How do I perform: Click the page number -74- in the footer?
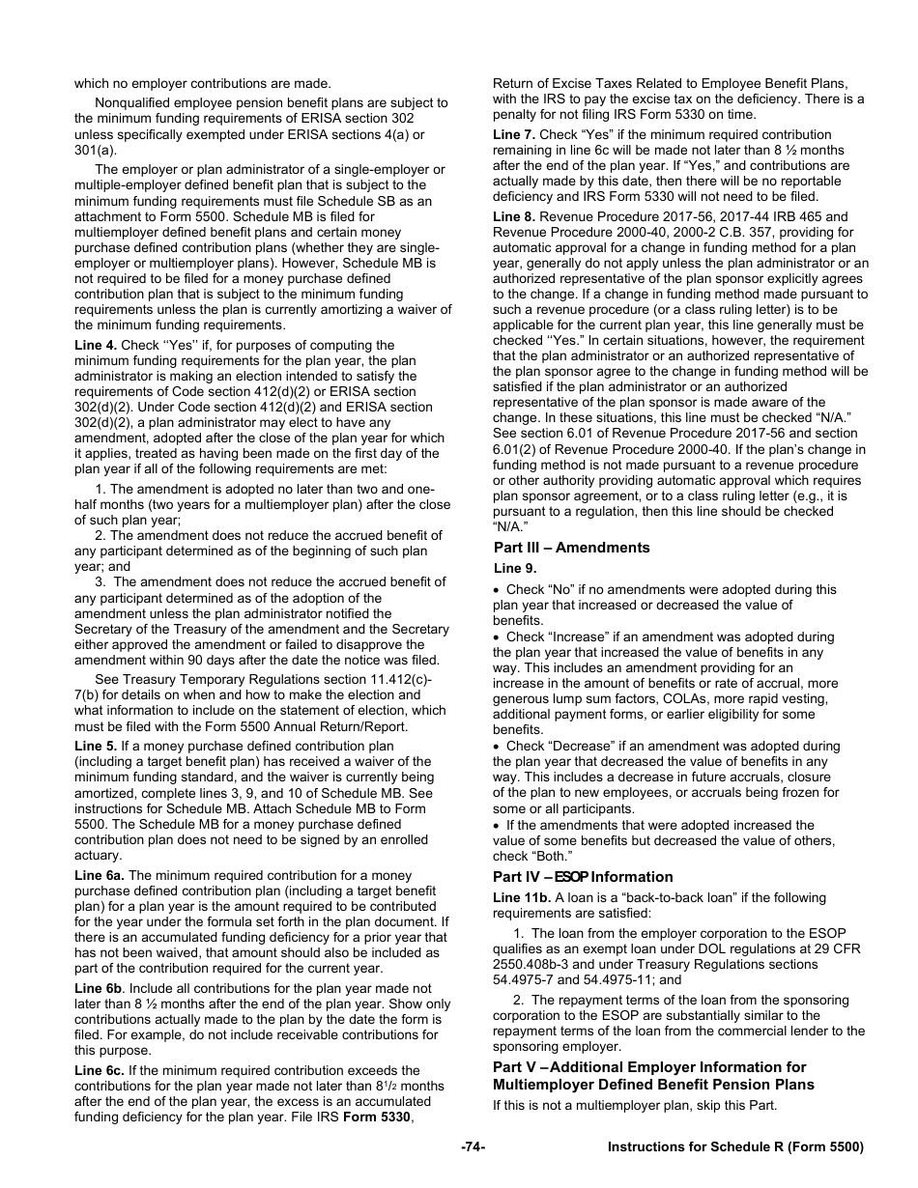click(x=473, y=1146)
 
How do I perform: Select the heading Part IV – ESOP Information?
click(x=583, y=877)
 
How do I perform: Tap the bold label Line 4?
click(x=96, y=345)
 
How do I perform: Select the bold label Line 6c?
click(x=99, y=1070)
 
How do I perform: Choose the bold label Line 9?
click(x=515, y=568)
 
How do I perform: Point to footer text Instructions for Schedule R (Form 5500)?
click(x=734, y=1146)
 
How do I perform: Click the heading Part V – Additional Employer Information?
click(x=649, y=1067)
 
